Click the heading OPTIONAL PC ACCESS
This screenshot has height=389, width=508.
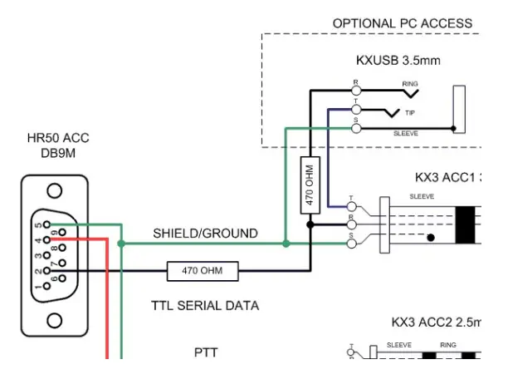pos(402,23)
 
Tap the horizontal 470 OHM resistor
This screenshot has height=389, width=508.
pos(202,270)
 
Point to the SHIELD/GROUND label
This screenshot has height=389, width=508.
pos(205,234)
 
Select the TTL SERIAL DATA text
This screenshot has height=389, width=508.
pos(204,305)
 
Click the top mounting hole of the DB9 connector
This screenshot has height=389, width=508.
pos(55,191)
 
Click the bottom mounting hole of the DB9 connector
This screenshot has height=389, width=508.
pos(55,319)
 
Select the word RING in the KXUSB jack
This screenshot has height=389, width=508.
pos(410,84)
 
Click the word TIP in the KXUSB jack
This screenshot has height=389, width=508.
pos(410,112)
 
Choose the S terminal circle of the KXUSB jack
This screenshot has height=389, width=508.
pos(357,128)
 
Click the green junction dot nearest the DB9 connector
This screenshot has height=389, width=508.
pos(121,244)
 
